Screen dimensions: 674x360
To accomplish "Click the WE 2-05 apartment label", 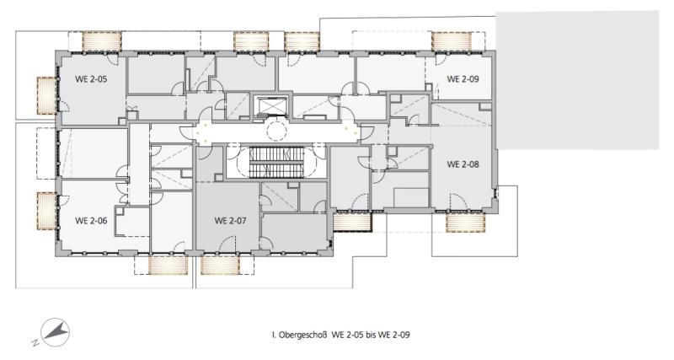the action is [91, 79].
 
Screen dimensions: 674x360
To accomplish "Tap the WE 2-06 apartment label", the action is [91, 221].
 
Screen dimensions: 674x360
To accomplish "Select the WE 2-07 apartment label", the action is [230, 221].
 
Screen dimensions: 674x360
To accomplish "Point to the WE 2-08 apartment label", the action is [463, 164].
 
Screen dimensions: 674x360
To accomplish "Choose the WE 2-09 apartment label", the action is [463, 79].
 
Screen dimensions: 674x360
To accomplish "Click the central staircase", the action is [277, 162].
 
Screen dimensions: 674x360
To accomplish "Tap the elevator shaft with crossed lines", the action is [271, 106].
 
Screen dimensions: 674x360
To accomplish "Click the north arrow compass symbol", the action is [56, 332].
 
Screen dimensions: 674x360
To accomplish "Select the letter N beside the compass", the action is [35, 343].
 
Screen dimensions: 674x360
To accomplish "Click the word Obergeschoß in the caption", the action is [303, 335].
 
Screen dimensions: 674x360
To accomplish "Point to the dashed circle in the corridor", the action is [276, 131].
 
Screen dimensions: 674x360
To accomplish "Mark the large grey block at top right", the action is [578, 80].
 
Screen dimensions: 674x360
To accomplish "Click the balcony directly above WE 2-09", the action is [452, 41].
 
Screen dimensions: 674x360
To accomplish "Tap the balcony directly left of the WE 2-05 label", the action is [47, 95].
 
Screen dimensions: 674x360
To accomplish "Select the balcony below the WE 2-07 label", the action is [220, 265].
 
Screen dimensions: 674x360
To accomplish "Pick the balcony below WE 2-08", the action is [466, 223].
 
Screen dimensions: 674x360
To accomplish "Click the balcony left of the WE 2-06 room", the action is [47, 211].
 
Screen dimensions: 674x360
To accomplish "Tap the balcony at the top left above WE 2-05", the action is [102, 41].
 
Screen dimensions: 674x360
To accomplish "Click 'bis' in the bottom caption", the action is [371, 335].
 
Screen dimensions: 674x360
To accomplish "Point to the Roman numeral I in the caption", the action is [273, 335].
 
